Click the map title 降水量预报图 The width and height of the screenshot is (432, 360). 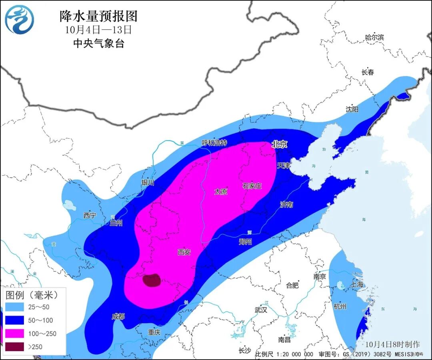point(98,16)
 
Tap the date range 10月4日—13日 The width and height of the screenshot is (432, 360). point(98,30)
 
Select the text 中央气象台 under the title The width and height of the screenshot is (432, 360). point(98,43)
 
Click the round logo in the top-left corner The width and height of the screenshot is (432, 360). point(19,20)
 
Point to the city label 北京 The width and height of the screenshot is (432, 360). point(279,145)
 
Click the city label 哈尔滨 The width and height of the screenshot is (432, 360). point(374,37)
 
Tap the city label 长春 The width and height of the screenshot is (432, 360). point(368,72)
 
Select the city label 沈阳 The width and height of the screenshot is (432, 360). point(352,109)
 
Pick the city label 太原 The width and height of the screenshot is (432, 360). point(220,192)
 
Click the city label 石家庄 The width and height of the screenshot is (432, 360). point(252,186)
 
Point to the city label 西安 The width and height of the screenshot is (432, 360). point(184,252)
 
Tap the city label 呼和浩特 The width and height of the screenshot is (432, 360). point(214,143)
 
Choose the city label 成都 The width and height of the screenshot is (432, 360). point(118,316)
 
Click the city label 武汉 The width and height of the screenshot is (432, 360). point(261,310)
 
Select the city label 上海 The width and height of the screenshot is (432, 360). point(357,284)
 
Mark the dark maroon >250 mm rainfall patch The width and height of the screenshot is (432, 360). point(152,280)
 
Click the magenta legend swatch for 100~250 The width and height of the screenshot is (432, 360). point(15,333)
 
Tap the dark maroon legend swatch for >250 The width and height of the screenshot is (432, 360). point(15,346)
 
